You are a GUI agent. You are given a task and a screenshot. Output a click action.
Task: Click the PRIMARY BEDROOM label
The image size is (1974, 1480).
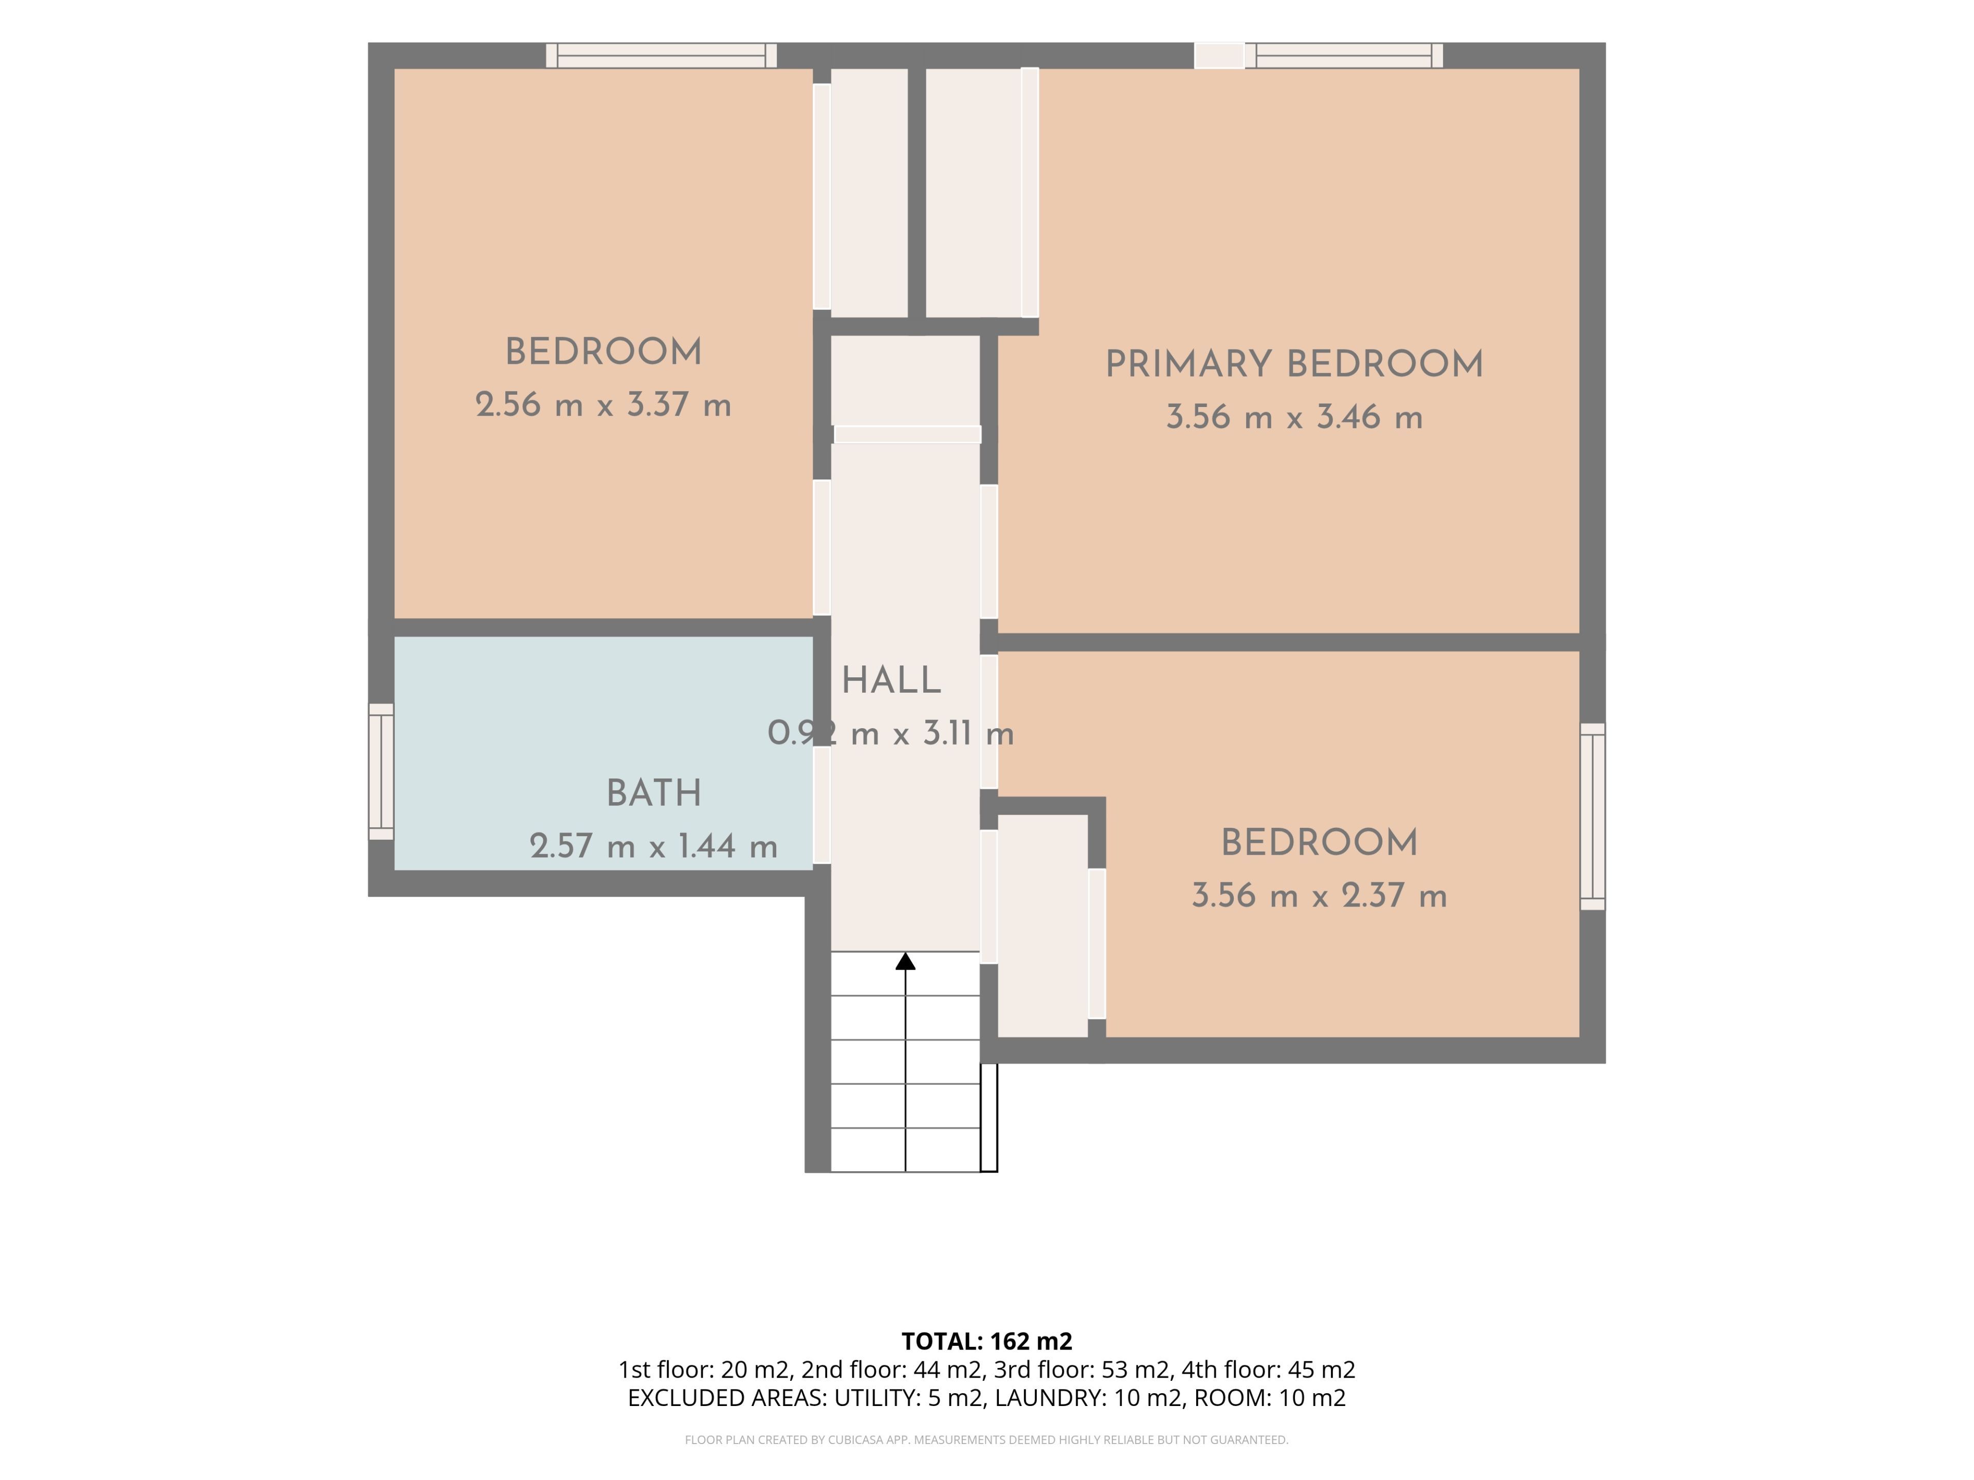click(1294, 365)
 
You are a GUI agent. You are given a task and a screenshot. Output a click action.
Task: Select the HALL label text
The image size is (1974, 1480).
click(891, 681)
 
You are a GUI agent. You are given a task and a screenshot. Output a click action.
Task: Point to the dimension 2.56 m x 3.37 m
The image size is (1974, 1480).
click(604, 405)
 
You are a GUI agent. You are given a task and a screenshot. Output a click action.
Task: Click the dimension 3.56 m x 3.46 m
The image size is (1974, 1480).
click(1294, 417)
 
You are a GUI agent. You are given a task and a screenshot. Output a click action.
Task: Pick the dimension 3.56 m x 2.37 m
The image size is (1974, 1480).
click(1319, 896)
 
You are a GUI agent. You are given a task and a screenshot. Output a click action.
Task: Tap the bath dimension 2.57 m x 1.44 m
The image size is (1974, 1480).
click(654, 846)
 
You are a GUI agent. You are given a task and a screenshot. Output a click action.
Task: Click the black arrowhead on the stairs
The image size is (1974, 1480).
click(906, 961)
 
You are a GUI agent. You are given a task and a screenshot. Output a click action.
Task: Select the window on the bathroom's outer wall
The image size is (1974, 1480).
click(381, 772)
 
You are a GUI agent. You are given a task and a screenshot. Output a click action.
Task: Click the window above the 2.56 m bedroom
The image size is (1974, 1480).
click(661, 55)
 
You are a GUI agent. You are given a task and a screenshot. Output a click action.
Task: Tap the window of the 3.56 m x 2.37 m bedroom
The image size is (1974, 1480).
click(1593, 816)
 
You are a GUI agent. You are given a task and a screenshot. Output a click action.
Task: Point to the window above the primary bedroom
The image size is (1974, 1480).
click(1344, 55)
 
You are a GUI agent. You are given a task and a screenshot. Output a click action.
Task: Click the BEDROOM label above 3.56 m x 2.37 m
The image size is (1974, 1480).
click(1319, 843)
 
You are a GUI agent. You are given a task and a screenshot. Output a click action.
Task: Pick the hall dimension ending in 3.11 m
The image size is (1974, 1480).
click(891, 733)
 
